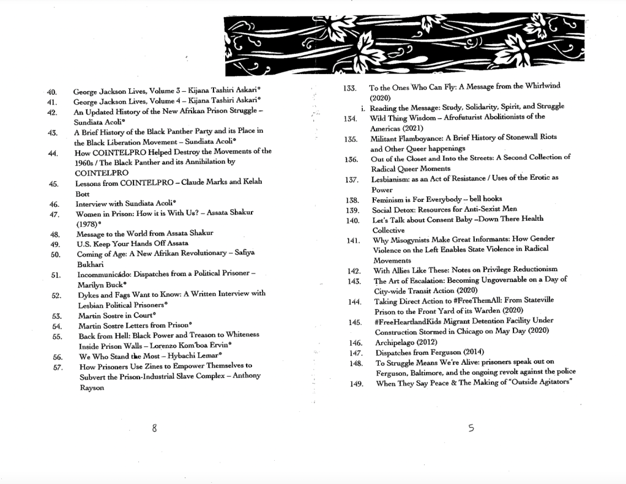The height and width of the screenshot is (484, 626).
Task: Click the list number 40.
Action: point(51,92)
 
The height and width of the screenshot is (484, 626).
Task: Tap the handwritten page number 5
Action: point(470,428)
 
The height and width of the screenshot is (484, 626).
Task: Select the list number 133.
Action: point(349,87)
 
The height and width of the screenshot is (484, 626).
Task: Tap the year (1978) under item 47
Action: point(88,224)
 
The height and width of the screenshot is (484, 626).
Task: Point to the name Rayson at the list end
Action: point(92,387)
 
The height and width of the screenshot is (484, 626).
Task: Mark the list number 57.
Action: point(59,367)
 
